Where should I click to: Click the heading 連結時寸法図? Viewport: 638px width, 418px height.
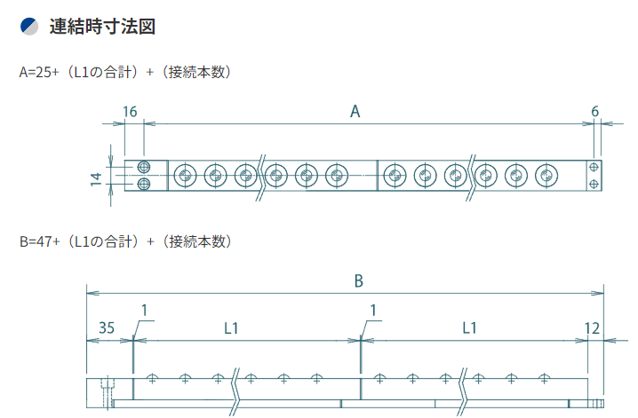coord(103,28)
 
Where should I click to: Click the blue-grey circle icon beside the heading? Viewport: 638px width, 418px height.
coord(29,28)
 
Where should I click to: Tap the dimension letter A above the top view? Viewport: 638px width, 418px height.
coord(355,112)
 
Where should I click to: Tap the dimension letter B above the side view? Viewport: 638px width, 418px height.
coord(358,281)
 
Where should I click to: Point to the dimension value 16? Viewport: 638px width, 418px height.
coord(130,112)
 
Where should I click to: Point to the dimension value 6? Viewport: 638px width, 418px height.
coord(594,112)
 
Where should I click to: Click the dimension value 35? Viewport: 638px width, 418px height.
coord(106,327)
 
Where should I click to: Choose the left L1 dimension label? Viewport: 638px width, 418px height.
coord(231,327)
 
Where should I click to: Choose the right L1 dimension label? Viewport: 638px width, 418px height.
coord(470,327)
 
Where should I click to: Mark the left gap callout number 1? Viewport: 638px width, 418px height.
coord(144,310)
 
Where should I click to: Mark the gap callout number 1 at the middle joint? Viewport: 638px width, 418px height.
coord(373,310)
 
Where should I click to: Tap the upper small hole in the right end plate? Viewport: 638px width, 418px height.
coord(594,167)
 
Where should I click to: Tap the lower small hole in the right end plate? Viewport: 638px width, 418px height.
coord(594,184)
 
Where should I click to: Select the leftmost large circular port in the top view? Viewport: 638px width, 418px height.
coord(185,176)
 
